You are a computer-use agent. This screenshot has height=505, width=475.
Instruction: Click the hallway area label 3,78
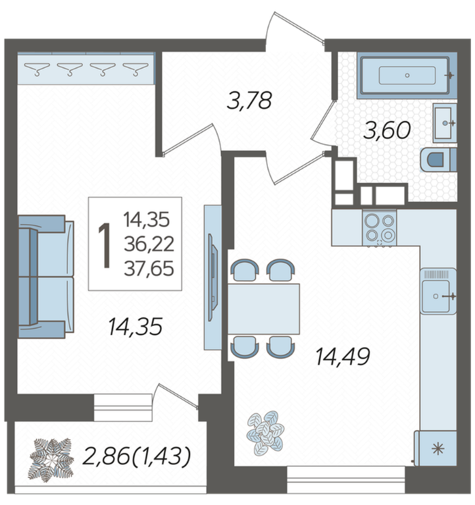point(249,101)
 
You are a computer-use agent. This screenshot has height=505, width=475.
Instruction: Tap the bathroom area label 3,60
point(387,130)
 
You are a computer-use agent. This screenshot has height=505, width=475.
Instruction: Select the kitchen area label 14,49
point(343,356)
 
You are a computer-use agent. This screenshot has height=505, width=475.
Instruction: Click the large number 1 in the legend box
point(104,246)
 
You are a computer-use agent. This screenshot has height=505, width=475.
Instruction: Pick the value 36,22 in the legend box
point(149,244)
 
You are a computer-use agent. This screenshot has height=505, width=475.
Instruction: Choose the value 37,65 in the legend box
point(149,268)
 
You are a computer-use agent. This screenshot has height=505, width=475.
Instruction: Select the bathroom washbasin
point(445,123)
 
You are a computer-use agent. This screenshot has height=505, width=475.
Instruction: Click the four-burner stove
point(380,228)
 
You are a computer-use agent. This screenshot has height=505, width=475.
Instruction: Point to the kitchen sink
point(438,292)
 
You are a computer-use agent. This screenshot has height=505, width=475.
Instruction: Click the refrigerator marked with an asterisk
point(436,448)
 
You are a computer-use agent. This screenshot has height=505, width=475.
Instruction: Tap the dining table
point(264,309)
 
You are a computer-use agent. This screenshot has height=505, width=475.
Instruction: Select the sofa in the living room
point(45,277)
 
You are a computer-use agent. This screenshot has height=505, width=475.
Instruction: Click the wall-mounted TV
point(212,278)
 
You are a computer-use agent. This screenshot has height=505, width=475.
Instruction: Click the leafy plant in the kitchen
point(265,432)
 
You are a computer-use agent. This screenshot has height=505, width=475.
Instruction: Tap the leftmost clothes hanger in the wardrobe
point(37,69)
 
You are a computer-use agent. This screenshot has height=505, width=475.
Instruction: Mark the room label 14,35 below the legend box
point(135,327)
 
